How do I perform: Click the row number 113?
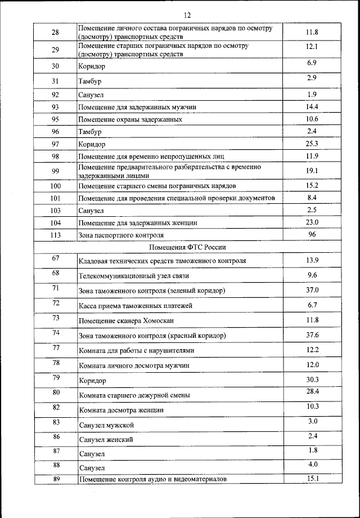[x=55, y=235]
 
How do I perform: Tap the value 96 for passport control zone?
[x=312, y=234]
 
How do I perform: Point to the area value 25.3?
[x=312, y=144]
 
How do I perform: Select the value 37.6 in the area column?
[x=312, y=335]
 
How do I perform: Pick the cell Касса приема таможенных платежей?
[x=136, y=306]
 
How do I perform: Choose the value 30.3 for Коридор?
[x=312, y=379]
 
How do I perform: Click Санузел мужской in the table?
[x=106, y=424]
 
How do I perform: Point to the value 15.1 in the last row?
[x=312, y=479]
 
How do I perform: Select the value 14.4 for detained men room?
[x=312, y=106]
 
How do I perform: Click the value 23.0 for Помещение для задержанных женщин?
[x=312, y=222]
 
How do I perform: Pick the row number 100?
[x=55, y=186]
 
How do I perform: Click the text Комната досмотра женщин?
[x=121, y=410]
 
